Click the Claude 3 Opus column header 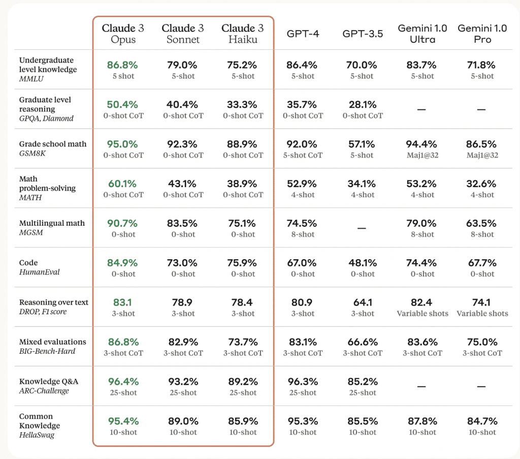(123, 34)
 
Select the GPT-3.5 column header (363, 34)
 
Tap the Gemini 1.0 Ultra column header (422, 34)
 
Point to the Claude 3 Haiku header (243, 34)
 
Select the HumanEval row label (40, 272)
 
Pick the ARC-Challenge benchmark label (44, 391)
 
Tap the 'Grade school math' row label (53, 144)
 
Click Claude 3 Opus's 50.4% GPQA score (123, 105)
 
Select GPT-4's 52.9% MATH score (303, 184)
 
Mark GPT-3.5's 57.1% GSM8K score (363, 144)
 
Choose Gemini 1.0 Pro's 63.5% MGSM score (482, 224)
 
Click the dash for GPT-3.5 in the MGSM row (362, 228)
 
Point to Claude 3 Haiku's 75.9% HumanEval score (243, 263)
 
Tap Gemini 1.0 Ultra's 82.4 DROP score (422, 303)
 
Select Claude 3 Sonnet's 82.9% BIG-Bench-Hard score (183, 343)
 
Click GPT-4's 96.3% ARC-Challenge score (303, 382)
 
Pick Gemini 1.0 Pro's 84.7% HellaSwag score (482, 422)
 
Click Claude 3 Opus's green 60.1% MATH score (123, 184)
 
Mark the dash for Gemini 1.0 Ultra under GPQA (422, 109)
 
